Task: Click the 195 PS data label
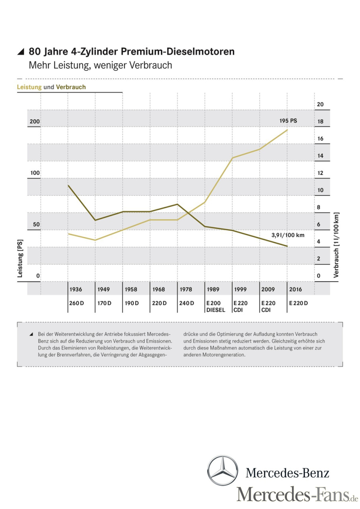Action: click(x=288, y=120)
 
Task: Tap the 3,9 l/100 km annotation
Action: click(x=288, y=235)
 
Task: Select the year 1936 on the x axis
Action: click(x=76, y=289)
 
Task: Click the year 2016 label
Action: click(x=296, y=289)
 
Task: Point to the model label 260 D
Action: click(x=76, y=303)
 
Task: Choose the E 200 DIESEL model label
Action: click(x=216, y=307)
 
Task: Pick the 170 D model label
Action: click(x=104, y=303)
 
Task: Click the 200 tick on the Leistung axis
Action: click(x=35, y=121)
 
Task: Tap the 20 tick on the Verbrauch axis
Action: click(x=320, y=105)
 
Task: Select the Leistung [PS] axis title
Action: click(x=20, y=259)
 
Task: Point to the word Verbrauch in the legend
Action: click(x=71, y=87)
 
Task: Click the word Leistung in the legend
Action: click(x=29, y=87)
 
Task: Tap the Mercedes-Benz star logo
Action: click(x=222, y=471)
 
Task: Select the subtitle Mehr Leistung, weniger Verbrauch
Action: click(x=100, y=65)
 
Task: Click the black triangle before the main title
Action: click(x=21, y=52)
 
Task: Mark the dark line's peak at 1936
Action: click(x=68, y=185)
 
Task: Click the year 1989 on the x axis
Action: click(x=213, y=289)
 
